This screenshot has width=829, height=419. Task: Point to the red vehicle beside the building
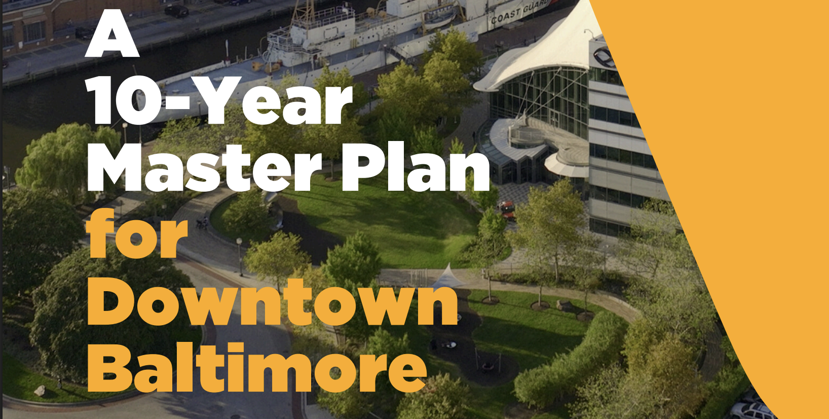508,209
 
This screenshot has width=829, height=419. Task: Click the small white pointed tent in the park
448,276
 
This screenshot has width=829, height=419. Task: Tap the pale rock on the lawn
40,391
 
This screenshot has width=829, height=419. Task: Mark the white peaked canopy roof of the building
544,52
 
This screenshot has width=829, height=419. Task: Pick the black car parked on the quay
176,11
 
